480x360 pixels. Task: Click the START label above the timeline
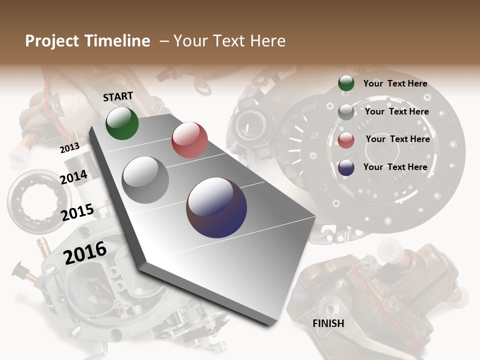pos(118,96)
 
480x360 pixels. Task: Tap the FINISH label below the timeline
pos(328,323)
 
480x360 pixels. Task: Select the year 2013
pos(69,148)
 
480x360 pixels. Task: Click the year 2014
pos(73,177)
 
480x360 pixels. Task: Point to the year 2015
pos(77,212)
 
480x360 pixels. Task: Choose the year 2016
pos(85,252)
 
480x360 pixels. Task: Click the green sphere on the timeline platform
pos(122,123)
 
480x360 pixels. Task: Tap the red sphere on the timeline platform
pos(189,140)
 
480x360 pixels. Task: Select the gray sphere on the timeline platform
pos(145,179)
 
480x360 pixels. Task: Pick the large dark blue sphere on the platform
pos(216,207)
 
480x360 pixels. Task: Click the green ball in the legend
pos(346,83)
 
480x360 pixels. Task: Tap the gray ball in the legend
pos(346,112)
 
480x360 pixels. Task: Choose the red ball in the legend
pos(346,140)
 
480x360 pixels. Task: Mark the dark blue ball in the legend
pos(346,167)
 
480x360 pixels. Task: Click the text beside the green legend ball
pos(395,83)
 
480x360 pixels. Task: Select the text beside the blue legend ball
pos(395,167)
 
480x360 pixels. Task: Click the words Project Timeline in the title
pos(87,41)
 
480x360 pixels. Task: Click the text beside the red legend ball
pos(397,139)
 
